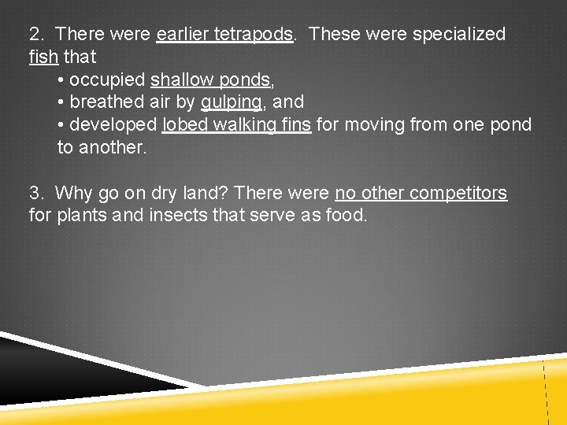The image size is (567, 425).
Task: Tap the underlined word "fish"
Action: (x=43, y=57)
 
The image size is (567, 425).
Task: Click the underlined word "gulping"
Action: (x=232, y=102)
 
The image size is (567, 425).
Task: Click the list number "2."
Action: (x=36, y=35)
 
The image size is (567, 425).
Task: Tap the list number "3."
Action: (x=36, y=193)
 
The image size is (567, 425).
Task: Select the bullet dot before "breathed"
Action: (x=61, y=103)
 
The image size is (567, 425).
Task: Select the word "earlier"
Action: (x=183, y=35)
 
